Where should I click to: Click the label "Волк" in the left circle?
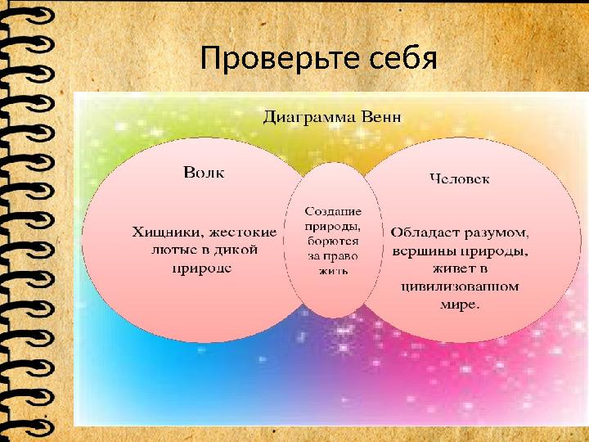[x=203, y=173]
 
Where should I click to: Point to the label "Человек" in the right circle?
[x=460, y=178]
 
